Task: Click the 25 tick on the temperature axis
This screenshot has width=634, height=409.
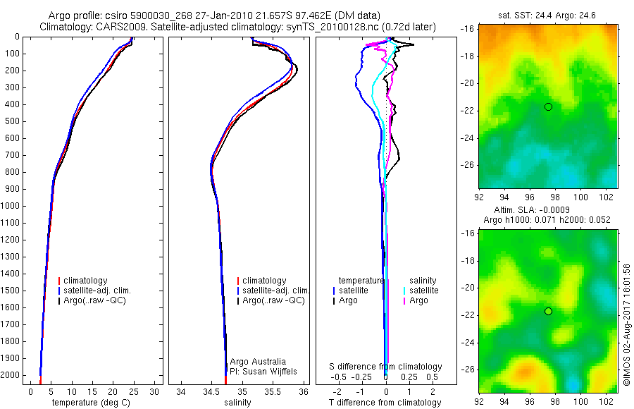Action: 133,391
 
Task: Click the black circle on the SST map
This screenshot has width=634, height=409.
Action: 548,106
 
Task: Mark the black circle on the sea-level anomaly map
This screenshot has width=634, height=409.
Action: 548,311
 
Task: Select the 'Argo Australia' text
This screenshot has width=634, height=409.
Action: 258,361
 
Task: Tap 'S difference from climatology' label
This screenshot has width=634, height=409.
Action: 386,367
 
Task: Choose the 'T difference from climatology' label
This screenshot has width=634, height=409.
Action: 386,403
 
